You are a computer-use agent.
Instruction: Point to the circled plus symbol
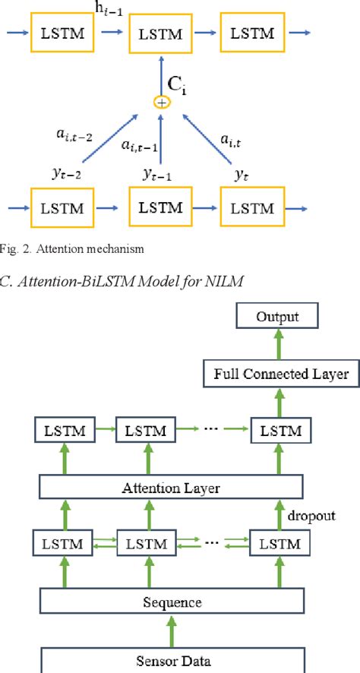pos(161,101)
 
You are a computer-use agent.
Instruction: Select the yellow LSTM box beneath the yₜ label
pos(251,207)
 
